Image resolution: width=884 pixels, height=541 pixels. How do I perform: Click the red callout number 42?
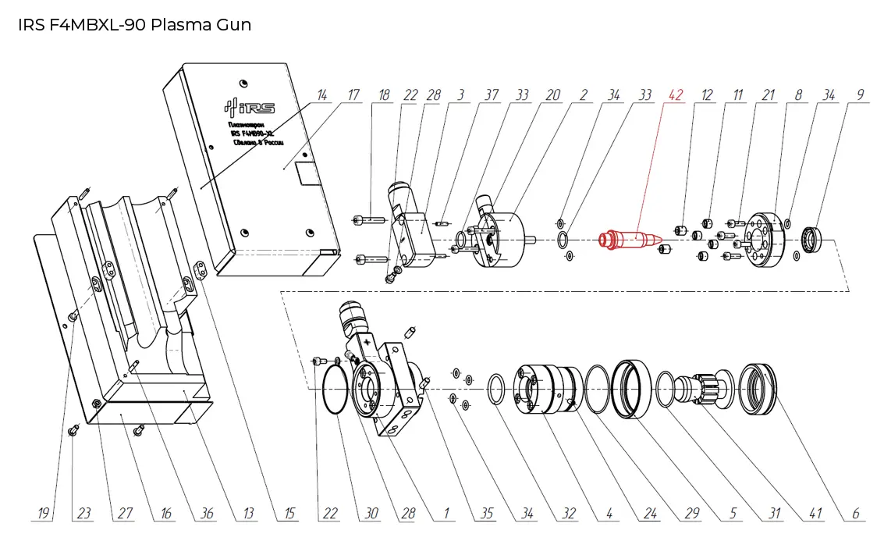(676, 95)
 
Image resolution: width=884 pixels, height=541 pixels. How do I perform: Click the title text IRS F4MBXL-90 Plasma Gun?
(134, 24)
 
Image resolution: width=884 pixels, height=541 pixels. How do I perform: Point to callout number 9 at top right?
(860, 95)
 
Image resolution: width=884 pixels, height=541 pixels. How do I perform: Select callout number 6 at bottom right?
(855, 513)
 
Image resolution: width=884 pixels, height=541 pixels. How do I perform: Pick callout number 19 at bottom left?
(44, 513)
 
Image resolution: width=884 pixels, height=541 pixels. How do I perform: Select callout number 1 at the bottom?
(446, 513)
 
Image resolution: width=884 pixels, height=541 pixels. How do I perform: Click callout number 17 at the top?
(353, 95)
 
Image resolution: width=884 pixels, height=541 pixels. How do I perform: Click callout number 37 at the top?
(491, 95)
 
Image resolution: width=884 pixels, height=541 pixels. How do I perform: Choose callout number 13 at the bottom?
(249, 513)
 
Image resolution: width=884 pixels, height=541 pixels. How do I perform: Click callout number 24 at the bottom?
(648, 513)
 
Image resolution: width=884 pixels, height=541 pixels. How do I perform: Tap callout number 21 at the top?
(769, 95)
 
